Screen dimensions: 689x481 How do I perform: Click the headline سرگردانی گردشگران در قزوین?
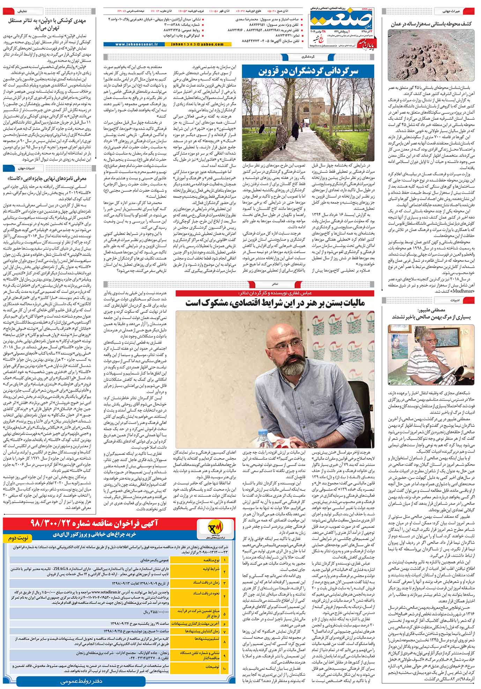pyautogui.click(x=308, y=72)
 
